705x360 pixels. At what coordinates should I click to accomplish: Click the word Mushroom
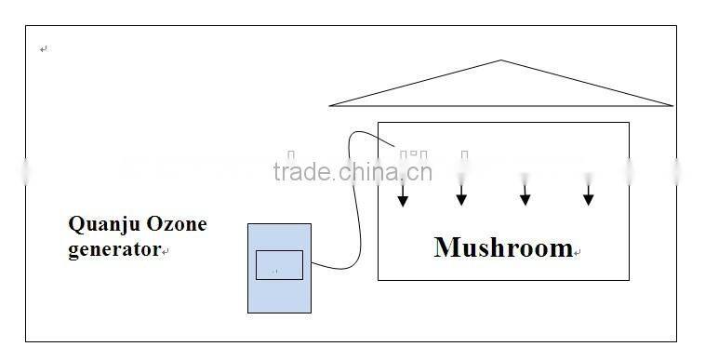[x=502, y=247]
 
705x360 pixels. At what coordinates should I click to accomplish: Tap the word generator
[x=113, y=249]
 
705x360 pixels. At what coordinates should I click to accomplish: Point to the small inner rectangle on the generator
[x=279, y=265]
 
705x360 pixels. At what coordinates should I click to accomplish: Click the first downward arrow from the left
[x=403, y=194]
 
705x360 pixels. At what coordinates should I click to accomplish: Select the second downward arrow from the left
[x=460, y=194]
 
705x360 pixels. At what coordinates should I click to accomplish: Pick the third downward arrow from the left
[x=525, y=194]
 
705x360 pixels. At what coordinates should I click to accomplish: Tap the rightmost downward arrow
[x=588, y=194]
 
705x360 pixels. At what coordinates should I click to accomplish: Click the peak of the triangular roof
[x=502, y=61]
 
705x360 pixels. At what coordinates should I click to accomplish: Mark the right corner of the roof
[x=671, y=105]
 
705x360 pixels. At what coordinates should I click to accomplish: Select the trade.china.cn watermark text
[x=352, y=171]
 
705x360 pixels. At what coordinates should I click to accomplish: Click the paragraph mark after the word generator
[x=165, y=251]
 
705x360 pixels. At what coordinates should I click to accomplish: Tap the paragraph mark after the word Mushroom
[x=578, y=252]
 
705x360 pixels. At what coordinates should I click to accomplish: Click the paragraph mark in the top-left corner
[x=43, y=49]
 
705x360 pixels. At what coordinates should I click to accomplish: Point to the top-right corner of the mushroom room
[x=629, y=123]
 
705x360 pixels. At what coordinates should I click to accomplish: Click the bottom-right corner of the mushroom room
[x=629, y=279]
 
